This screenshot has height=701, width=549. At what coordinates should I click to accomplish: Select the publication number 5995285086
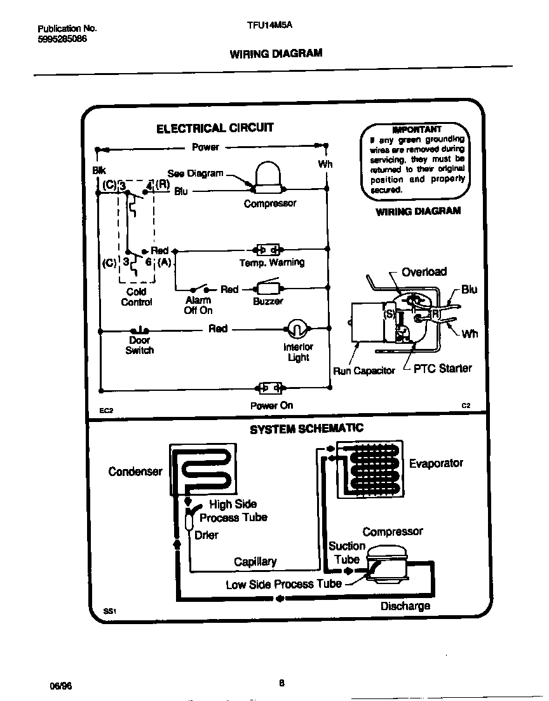click(62, 38)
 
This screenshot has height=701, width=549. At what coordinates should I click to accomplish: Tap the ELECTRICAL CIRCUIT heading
click(215, 128)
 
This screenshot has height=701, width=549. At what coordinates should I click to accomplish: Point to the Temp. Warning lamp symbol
click(268, 249)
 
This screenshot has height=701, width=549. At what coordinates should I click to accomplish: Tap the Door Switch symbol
click(139, 330)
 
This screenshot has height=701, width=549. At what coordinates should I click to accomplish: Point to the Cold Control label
click(137, 297)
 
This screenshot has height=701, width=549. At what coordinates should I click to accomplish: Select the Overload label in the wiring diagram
click(424, 272)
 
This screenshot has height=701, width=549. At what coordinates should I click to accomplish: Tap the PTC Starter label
click(443, 369)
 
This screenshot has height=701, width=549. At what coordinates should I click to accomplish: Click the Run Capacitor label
click(364, 371)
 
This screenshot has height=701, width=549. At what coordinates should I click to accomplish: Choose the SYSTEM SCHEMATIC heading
click(306, 429)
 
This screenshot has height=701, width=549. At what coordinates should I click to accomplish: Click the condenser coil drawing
click(202, 470)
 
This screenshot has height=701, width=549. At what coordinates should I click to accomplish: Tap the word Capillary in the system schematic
click(255, 561)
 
